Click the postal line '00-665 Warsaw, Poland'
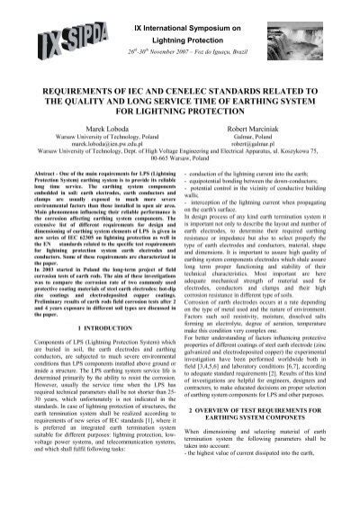[x=180, y=185]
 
